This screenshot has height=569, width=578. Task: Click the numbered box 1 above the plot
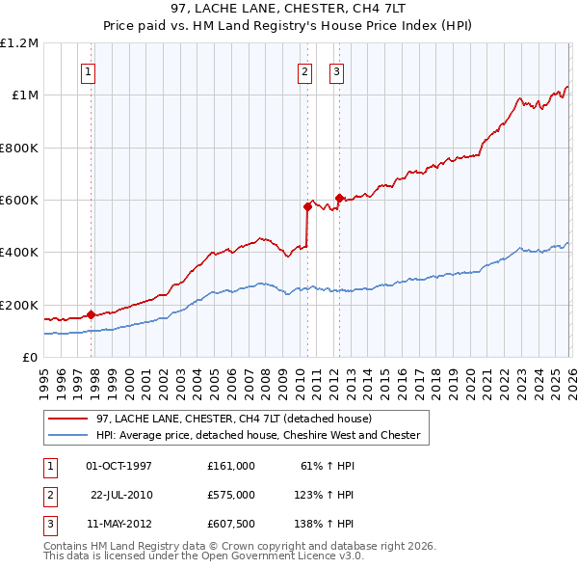pyautogui.click(x=88, y=70)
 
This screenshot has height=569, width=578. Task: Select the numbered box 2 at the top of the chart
pyautogui.click(x=304, y=70)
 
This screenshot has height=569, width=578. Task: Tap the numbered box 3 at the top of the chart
pyautogui.click(x=336, y=70)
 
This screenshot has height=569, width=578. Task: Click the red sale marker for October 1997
pyautogui.click(x=91, y=314)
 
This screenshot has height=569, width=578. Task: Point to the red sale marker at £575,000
pyautogui.click(x=307, y=206)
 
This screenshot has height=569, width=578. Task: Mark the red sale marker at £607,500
pyautogui.click(x=338, y=198)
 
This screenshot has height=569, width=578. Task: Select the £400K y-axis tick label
pyautogui.click(x=19, y=253)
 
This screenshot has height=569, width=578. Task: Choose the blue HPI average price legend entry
pyautogui.click(x=258, y=435)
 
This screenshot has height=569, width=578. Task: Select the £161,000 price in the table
pyautogui.click(x=231, y=466)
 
